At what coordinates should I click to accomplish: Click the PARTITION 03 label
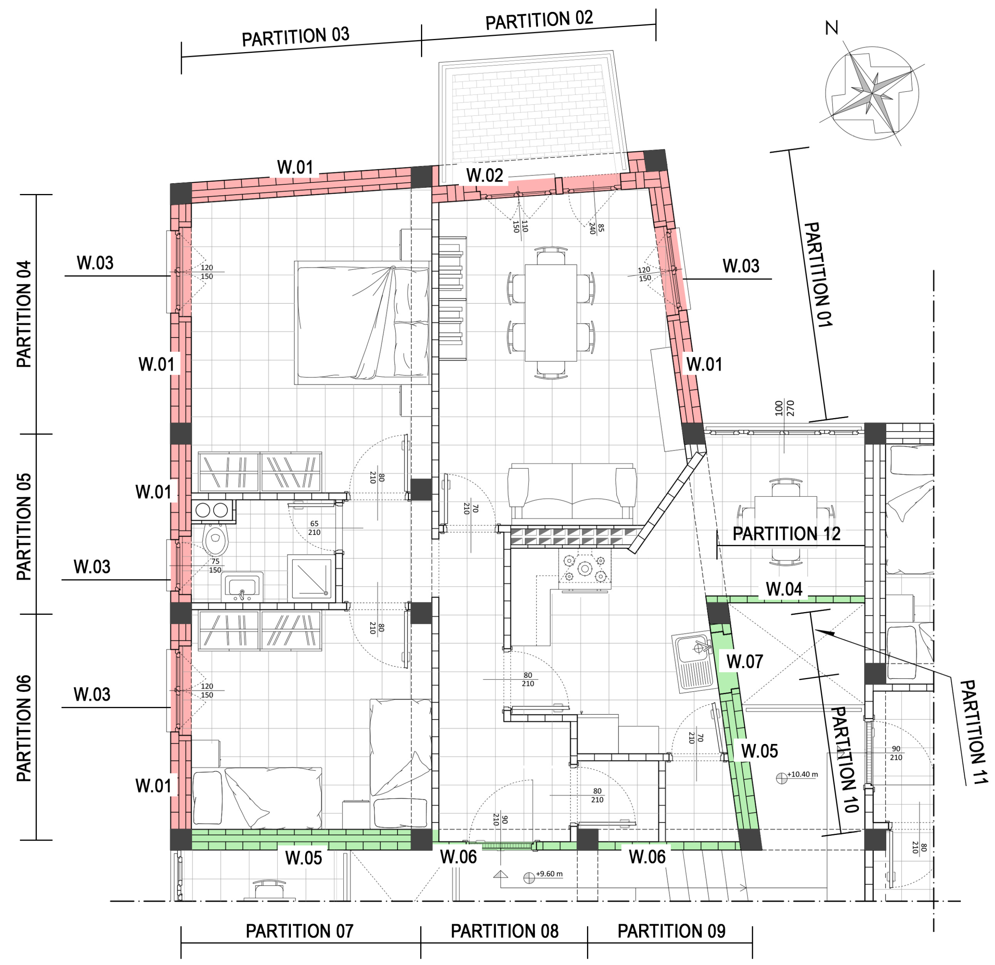295,37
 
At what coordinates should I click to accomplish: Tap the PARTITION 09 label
671,931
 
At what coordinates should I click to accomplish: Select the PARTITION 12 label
786,534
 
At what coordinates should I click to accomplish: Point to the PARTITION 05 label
24,527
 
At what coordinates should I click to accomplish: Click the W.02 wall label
484,176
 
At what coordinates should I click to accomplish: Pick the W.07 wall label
744,662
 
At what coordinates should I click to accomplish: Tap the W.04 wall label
784,589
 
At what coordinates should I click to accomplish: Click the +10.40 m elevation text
802,774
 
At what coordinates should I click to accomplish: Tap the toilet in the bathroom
216,539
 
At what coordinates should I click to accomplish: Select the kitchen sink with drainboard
693,662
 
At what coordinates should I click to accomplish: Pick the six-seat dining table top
551,312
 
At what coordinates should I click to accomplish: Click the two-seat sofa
572,493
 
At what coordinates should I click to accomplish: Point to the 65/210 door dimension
314,528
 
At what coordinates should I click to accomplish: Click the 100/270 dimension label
785,408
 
